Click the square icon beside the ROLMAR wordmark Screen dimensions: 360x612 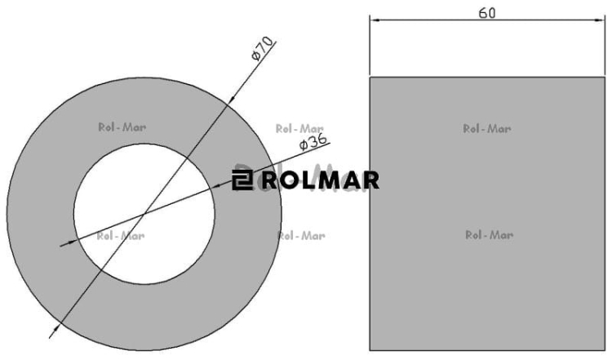tap(242, 180)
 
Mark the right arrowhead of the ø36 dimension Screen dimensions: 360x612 tap(219, 186)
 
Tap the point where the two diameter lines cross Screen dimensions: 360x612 tap(144, 215)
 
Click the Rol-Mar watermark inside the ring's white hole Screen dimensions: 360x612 tap(120, 236)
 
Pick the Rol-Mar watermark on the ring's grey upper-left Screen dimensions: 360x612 tap(121, 127)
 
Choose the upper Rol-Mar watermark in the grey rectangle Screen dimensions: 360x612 tap(487, 128)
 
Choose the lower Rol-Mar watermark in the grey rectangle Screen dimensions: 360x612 tap(489, 235)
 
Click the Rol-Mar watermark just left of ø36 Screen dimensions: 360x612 tap(299, 128)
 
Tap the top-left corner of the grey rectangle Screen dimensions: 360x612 tap(370, 78)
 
